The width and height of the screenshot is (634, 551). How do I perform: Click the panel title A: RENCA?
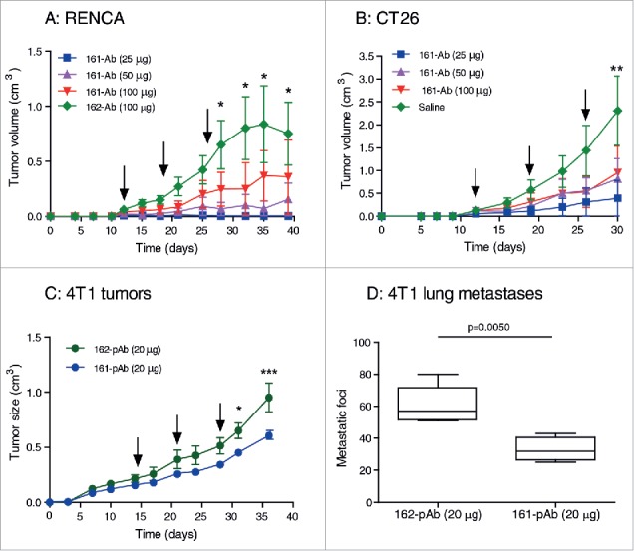click(x=84, y=19)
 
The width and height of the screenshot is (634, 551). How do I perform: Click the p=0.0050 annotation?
click(x=488, y=327)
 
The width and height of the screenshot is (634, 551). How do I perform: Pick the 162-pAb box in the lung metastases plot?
click(x=438, y=404)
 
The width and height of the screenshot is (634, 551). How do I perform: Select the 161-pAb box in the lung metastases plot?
click(x=555, y=448)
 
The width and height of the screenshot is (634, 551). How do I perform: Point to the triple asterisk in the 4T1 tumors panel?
click(x=269, y=373)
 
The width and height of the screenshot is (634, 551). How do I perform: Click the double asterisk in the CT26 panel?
click(x=617, y=69)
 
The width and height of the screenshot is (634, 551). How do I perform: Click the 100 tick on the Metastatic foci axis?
click(x=362, y=343)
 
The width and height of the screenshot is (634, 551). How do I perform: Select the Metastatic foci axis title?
click(x=342, y=428)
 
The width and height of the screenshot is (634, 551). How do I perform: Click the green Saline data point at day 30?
click(x=617, y=111)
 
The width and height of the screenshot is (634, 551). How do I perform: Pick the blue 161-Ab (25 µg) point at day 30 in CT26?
click(x=617, y=198)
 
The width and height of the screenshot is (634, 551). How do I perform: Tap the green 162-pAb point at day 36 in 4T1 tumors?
click(x=268, y=398)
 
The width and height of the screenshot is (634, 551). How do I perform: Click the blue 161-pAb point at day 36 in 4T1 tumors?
click(x=268, y=435)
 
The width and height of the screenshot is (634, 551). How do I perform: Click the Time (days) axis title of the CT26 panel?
click(x=494, y=247)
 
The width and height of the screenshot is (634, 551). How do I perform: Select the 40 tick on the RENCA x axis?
click(x=293, y=231)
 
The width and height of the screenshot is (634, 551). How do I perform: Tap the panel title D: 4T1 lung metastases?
click(x=455, y=294)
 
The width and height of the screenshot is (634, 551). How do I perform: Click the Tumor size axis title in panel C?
click(x=15, y=412)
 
